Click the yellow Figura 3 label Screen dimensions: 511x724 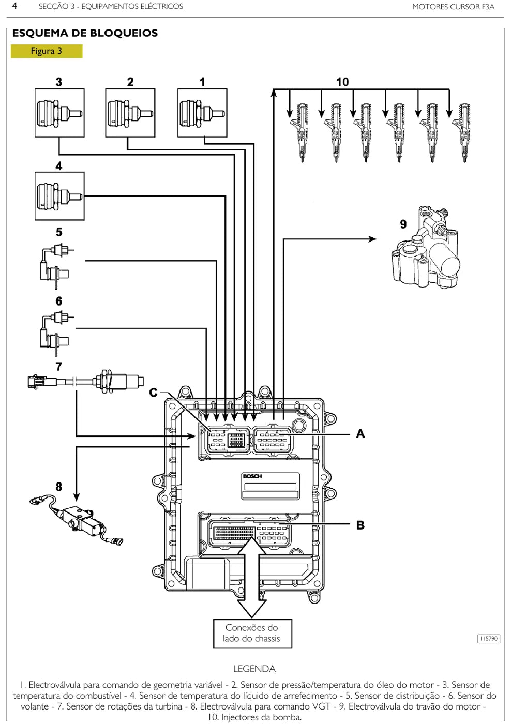coord(47,51)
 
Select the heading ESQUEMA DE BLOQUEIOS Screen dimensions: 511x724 coord(85,33)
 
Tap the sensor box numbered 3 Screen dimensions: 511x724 coord(59,113)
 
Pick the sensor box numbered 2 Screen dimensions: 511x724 coord(130,113)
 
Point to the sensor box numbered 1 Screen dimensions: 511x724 coord(202,113)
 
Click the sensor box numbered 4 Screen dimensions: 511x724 coord(59,196)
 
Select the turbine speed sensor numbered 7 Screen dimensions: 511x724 coord(86,382)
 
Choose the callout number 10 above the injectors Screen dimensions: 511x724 coord(342,82)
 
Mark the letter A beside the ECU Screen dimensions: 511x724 coord(360,433)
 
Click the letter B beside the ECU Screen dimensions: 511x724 coord(360,525)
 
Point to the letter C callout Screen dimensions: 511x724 coord(153,393)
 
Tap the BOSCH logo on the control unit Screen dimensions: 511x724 coord(252,476)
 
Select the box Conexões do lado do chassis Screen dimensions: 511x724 coord(252,634)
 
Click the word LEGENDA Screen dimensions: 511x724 coord(254,669)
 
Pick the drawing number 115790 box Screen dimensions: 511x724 coord(489,639)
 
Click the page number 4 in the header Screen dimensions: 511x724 coord(14,6)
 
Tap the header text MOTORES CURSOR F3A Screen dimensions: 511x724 coord(454,7)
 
